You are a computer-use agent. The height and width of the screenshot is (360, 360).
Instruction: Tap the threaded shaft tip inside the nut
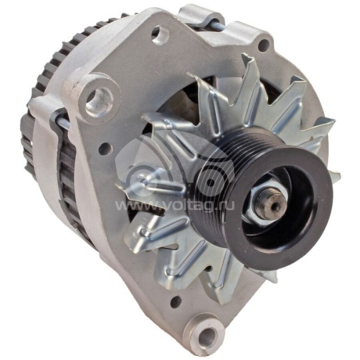[x=274, y=205]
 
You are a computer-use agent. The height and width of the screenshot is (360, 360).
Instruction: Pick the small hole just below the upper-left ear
[x=105, y=149]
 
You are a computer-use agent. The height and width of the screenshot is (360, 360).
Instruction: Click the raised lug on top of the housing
[x=200, y=15]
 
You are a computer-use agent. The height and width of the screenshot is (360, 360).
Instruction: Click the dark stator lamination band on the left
[x=67, y=167]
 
